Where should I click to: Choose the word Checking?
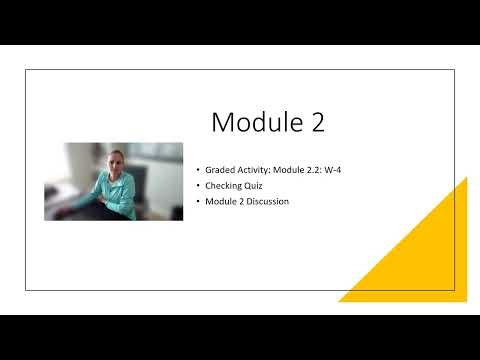click(x=224, y=186)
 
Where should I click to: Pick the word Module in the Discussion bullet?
click(x=219, y=201)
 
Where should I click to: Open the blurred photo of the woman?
click(x=114, y=181)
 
